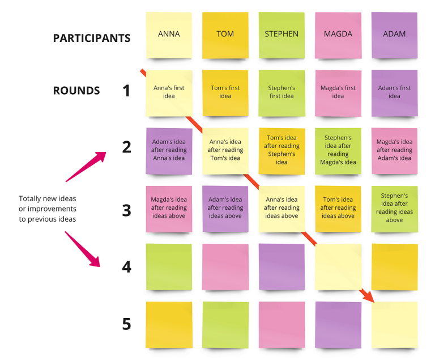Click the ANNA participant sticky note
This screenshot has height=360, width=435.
pos(169,35)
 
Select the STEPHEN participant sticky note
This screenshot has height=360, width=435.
pos(282,35)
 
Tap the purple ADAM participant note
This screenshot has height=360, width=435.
pos(394,35)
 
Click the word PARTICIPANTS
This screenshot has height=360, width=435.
pos(92,38)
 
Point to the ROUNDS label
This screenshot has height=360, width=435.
pos(76,91)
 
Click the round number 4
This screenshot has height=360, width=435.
pos(126,266)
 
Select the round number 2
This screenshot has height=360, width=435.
pos(126,147)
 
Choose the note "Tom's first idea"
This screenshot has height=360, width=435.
pos(225,94)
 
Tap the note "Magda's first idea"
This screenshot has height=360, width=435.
pos(338,94)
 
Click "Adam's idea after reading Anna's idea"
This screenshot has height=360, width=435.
pos(169,151)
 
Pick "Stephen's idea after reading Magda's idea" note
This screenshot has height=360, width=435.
pos(338,151)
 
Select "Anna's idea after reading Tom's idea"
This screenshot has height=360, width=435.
pos(225,151)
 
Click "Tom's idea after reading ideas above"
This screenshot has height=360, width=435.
pos(338,209)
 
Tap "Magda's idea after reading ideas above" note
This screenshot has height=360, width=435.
pos(169,209)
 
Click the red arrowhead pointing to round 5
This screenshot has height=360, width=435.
pos(368,296)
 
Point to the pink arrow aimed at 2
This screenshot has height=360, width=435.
pos(86,167)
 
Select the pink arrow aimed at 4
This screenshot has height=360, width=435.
pos(82,249)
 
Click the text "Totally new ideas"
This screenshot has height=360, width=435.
pos(48,198)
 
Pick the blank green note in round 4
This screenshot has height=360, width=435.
pos(169,267)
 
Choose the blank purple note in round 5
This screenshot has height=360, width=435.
pos(338,325)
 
